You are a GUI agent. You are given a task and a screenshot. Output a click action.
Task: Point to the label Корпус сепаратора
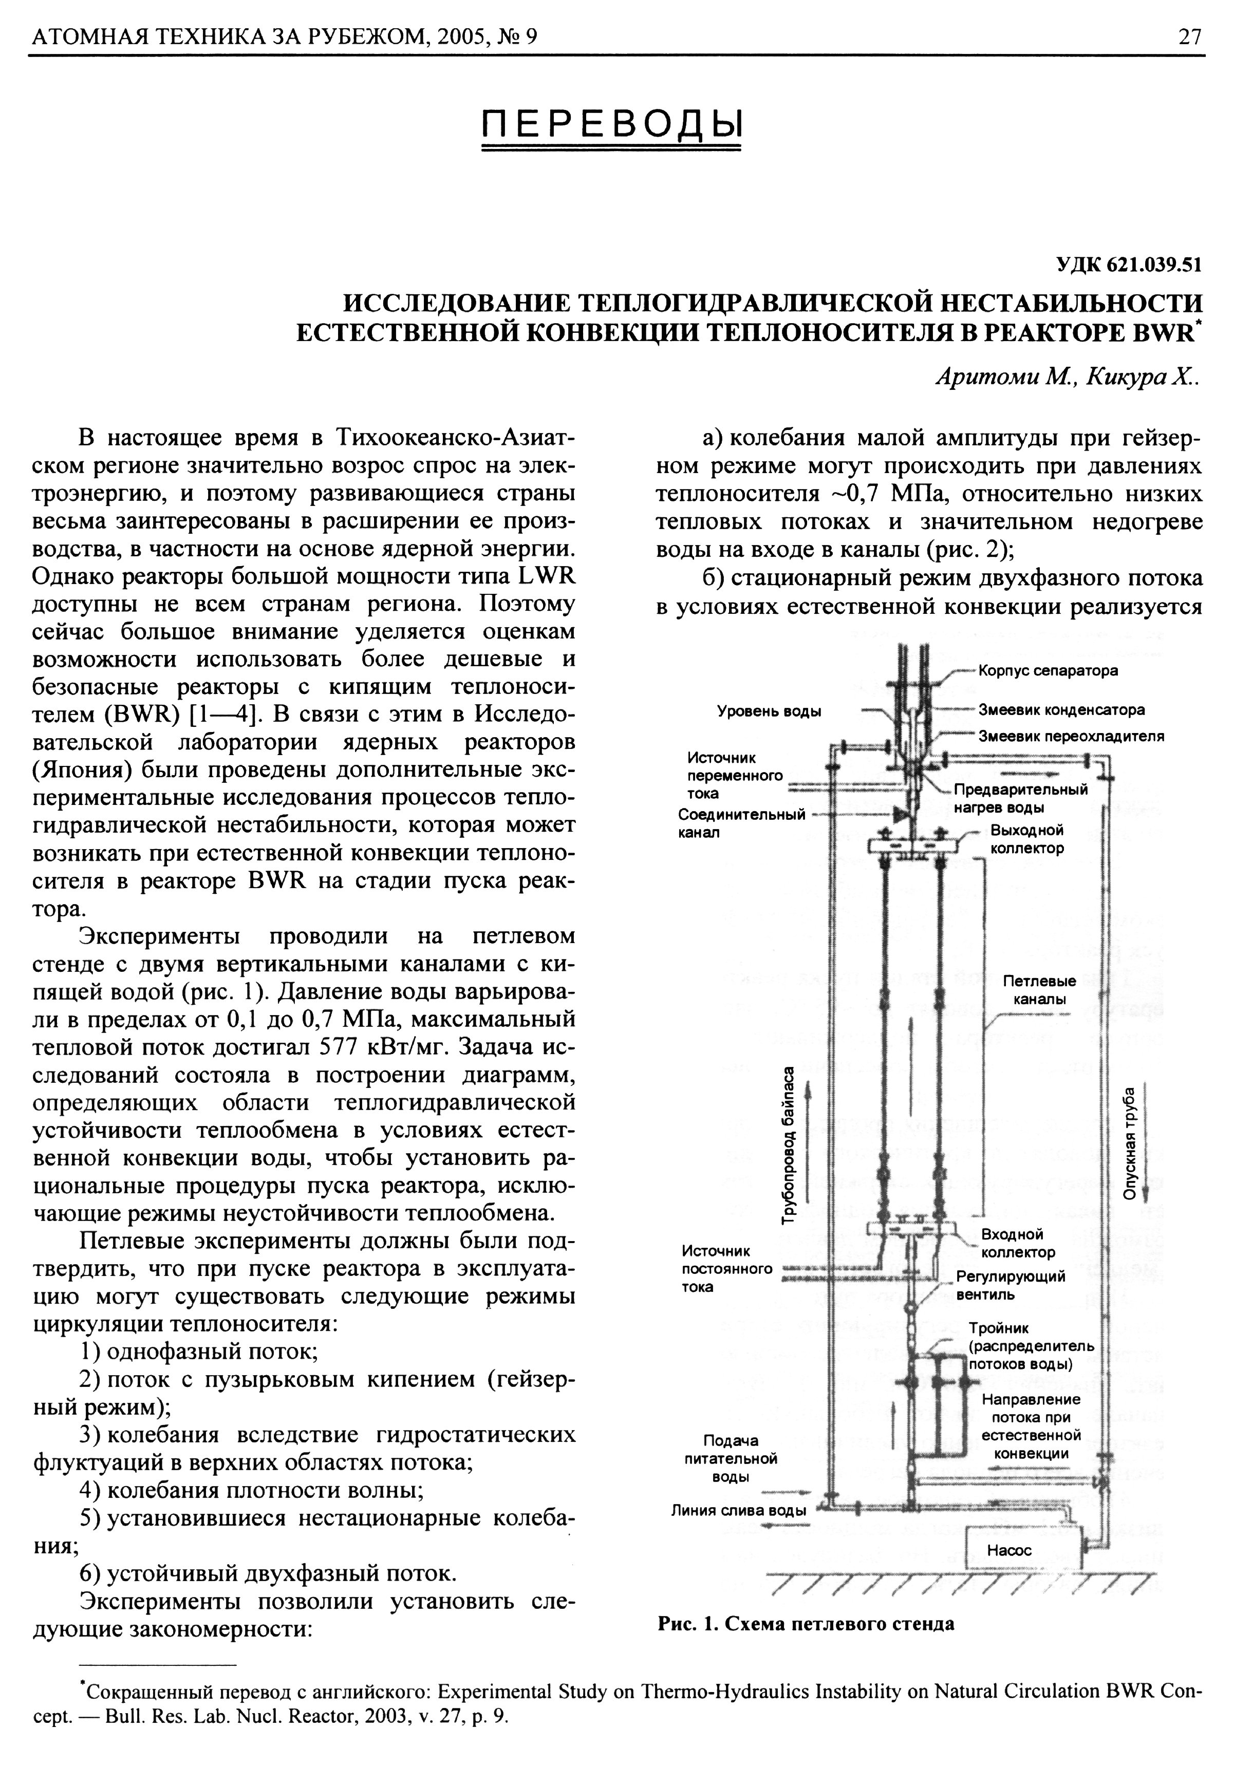(x=1048, y=670)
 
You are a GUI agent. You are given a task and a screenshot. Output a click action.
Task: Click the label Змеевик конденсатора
(x=1061, y=709)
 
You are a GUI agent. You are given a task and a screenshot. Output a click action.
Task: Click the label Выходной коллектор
(x=1027, y=839)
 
